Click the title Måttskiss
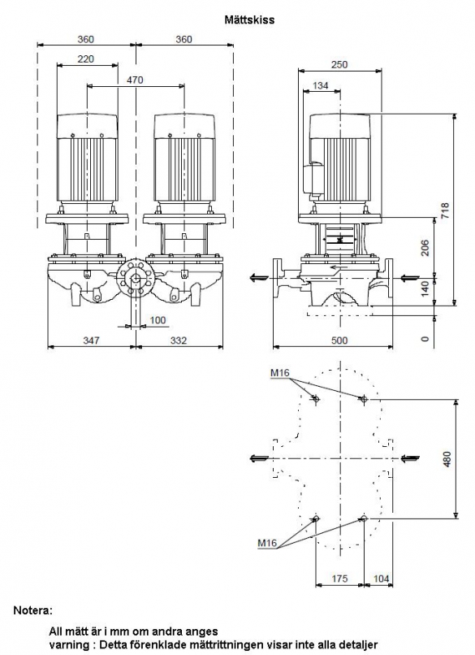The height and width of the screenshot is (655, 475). click(x=249, y=20)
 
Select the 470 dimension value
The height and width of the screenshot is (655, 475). click(x=135, y=80)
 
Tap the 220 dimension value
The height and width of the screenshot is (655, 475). click(x=86, y=59)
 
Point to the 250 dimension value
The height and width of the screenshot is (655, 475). click(x=339, y=65)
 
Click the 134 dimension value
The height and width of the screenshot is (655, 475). click(x=321, y=85)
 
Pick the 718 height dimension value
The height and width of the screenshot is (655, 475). click(x=445, y=211)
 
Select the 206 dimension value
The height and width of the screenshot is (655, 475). click(x=425, y=248)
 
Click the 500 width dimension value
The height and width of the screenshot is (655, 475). click(x=339, y=341)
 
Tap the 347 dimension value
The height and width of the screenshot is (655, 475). click(x=91, y=341)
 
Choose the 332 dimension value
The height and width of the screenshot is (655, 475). click(x=179, y=341)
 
